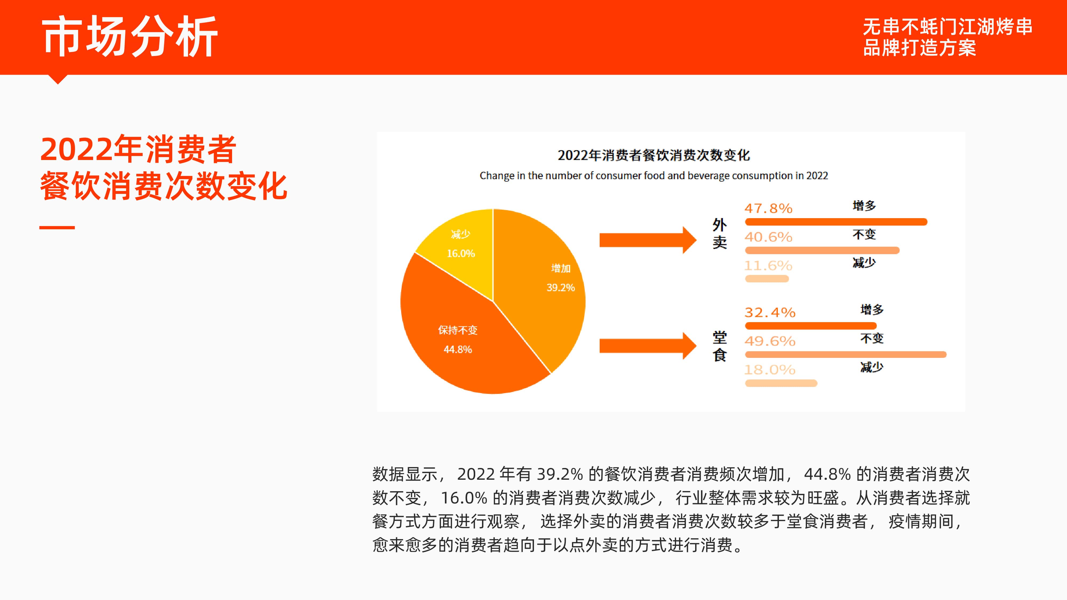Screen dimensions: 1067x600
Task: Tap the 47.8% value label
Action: click(768, 208)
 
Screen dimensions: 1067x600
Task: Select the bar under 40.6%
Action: click(822, 250)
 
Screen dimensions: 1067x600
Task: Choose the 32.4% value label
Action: click(770, 313)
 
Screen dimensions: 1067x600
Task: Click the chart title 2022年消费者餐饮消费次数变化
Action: click(654, 155)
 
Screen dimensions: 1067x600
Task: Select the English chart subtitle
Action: click(654, 176)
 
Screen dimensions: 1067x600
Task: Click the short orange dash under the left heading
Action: click(57, 227)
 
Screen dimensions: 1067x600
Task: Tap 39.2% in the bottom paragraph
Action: click(560, 474)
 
